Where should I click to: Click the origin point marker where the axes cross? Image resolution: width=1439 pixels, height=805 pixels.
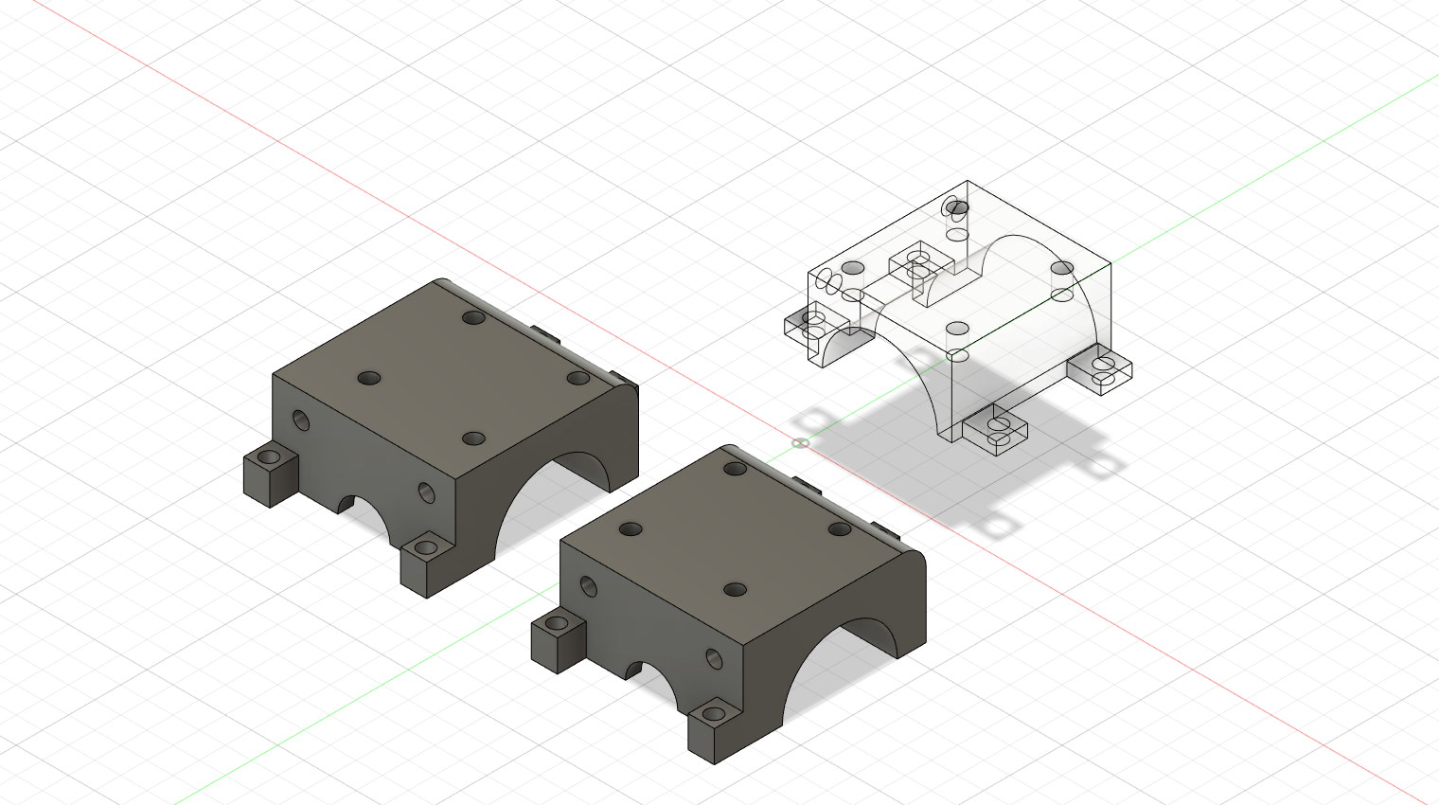(x=800, y=442)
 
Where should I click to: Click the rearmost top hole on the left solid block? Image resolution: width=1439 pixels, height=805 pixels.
(x=473, y=317)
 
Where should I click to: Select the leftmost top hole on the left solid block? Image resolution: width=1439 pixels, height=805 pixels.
(x=368, y=378)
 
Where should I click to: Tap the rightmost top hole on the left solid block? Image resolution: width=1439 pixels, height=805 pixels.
(x=578, y=378)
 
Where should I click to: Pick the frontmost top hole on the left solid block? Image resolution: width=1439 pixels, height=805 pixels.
(x=473, y=438)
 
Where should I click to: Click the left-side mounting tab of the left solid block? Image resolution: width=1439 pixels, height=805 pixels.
(x=270, y=474)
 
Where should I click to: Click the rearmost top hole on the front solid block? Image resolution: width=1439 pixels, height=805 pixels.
(x=736, y=468)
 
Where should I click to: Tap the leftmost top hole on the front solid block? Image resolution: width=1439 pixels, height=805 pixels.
(x=631, y=529)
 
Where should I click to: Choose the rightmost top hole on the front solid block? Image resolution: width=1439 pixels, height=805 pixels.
(x=841, y=529)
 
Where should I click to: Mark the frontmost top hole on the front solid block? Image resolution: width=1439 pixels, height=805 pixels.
(x=736, y=590)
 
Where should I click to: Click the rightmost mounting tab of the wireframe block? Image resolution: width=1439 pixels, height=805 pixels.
(x=1101, y=370)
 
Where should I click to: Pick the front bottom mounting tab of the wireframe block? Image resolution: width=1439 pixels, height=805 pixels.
(x=996, y=432)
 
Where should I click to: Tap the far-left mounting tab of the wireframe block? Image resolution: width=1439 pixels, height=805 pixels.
(x=809, y=324)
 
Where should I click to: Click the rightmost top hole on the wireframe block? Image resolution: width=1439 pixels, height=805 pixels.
(x=1062, y=268)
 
